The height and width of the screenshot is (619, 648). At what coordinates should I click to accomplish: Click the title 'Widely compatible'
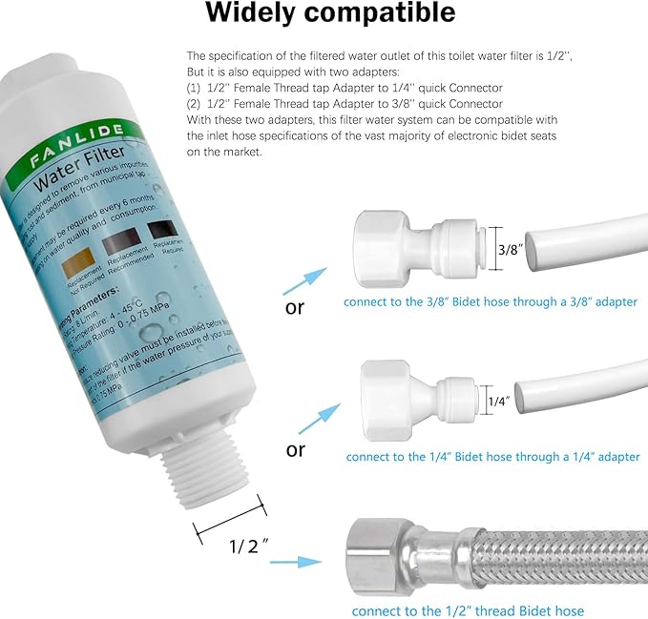tap(330, 15)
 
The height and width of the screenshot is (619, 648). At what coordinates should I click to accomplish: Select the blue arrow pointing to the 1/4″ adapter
tap(320, 418)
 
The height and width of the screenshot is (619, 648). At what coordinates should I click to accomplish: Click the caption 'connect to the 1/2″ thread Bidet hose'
tap(468, 610)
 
